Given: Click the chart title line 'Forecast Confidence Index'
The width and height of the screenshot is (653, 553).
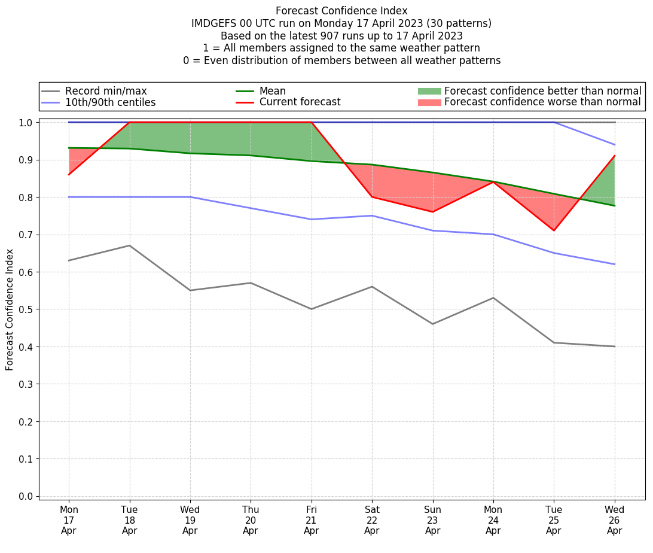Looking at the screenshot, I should (341, 11).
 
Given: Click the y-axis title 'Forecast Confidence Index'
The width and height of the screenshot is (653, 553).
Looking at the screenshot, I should (10, 309).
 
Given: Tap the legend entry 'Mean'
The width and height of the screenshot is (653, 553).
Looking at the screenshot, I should (272, 91).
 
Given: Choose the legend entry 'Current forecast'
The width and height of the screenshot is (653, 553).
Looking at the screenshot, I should (300, 102).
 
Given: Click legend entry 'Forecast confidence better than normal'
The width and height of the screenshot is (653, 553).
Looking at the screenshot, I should (542, 91).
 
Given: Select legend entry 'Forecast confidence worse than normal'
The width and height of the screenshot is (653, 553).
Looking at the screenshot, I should (542, 102).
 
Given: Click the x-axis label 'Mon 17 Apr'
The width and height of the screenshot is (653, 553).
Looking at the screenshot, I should (69, 520).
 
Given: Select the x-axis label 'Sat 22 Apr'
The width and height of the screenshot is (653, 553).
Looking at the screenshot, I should (372, 520).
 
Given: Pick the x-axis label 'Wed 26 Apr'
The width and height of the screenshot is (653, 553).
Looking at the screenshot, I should (615, 520).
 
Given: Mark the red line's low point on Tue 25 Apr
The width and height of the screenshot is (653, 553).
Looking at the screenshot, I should (554, 230).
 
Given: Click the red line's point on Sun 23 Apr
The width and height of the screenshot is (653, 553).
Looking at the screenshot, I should (433, 212).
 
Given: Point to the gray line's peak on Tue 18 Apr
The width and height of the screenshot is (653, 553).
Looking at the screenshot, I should (129, 245).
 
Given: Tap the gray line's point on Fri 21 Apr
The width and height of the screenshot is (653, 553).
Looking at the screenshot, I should (312, 309).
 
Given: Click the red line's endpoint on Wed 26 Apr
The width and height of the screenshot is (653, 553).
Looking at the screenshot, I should (615, 156).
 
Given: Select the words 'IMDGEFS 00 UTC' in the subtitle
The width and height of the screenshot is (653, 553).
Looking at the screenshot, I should (230, 23).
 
